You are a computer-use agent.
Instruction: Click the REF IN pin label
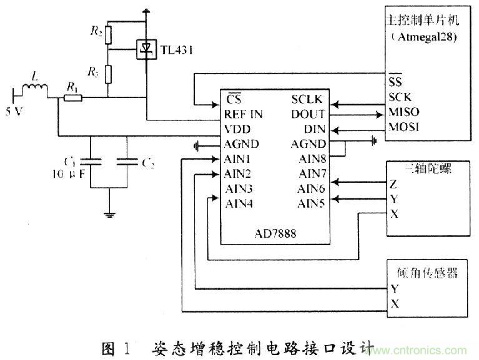[243, 115]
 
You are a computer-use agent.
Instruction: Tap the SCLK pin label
[309, 100]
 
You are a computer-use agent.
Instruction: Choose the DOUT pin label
[308, 115]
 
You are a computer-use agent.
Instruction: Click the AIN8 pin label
[310, 158]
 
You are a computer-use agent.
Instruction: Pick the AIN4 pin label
[239, 202]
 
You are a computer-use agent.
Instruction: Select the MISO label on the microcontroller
[403, 113]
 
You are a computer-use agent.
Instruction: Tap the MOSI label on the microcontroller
[403, 127]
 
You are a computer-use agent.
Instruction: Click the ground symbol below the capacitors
[111, 214]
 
